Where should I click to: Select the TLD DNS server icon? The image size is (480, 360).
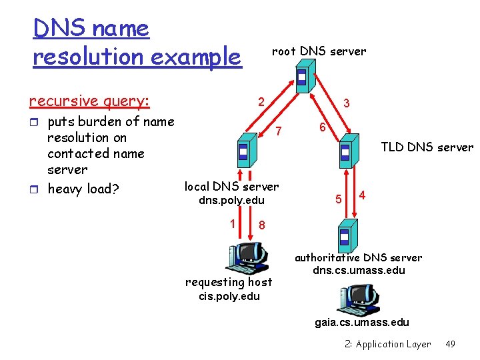coord(345,153)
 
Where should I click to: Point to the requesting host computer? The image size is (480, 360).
coord(247,257)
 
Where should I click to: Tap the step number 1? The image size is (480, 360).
coord(233,223)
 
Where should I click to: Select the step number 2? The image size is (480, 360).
coord(263,102)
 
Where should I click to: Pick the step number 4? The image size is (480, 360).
coord(362,195)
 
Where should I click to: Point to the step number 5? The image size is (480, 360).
coord(339,199)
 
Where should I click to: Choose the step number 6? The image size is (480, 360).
coord(321,127)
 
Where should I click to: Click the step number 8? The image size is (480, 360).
coord(262,225)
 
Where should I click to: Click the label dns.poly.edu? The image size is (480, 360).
coord(232,201)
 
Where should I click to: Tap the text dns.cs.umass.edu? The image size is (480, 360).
coord(359,271)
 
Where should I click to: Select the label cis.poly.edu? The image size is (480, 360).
coord(228,296)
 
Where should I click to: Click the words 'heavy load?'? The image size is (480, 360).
coord(83,189)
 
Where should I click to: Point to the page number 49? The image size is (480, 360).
coord(451,344)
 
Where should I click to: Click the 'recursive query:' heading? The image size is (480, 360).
coord(89,101)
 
